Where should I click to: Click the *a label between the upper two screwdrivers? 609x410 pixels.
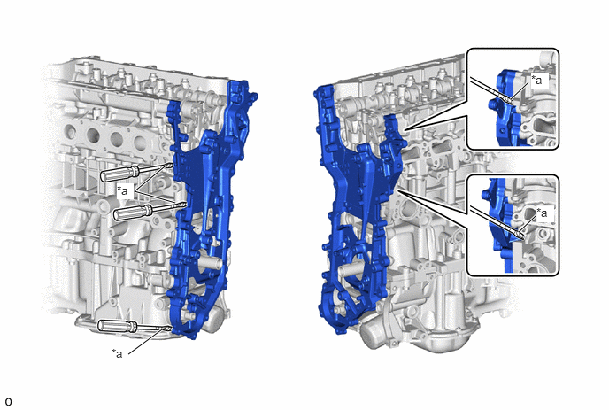pyautogui.click(x=123, y=190)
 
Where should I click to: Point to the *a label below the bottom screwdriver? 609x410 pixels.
pyautogui.click(x=118, y=353)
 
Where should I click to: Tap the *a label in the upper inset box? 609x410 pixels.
pyautogui.click(x=536, y=81)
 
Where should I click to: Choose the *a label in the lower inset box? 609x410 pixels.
pyautogui.click(x=542, y=213)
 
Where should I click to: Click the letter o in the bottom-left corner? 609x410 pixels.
pyautogui.click(x=8, y=402)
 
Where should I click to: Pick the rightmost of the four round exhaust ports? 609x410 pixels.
pyautogui.click(x=140, y=143)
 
